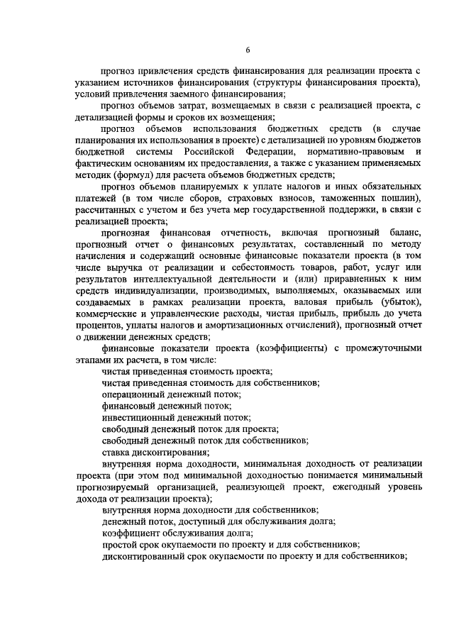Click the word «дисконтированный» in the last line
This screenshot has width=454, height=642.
point(146,557)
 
